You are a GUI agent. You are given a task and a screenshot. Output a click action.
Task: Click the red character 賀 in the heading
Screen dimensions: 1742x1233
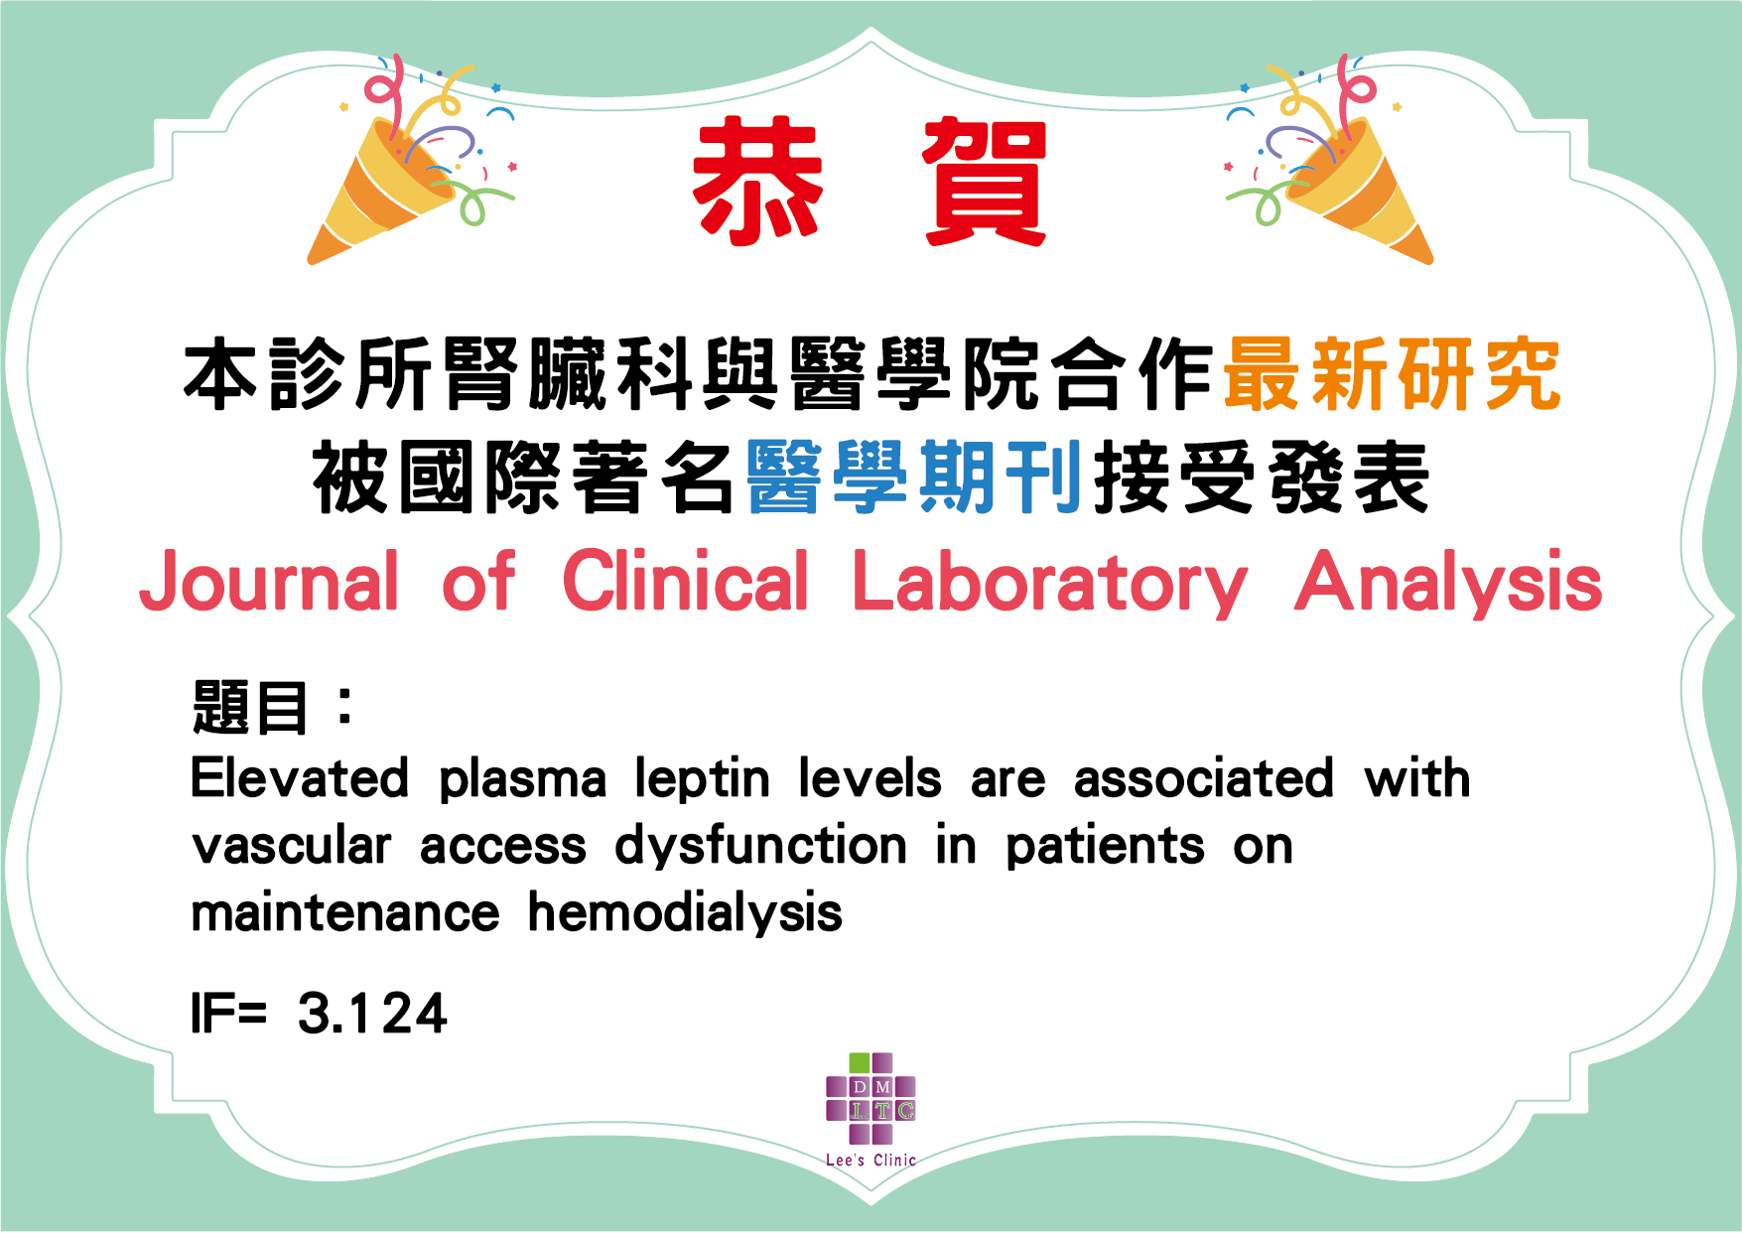[985, 181]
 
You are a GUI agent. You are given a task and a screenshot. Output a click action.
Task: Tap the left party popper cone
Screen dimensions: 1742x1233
[382, 194]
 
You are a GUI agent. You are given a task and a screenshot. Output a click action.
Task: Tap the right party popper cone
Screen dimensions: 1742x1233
[1361, 194]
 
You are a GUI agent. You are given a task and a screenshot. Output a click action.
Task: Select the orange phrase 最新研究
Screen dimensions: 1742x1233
[1392, 374]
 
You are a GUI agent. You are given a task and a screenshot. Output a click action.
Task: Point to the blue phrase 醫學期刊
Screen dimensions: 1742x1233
[914, 478]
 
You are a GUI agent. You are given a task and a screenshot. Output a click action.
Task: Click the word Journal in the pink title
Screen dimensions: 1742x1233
[269, 582]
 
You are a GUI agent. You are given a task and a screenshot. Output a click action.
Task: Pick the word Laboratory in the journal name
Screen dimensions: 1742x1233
[1049, 584]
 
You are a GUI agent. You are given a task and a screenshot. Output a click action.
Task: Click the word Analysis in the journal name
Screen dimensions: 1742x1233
[1448, 584]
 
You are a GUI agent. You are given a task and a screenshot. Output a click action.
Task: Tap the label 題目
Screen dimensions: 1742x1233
[250, 707]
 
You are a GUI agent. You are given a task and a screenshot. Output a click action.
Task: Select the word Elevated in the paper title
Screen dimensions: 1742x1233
[300, 777]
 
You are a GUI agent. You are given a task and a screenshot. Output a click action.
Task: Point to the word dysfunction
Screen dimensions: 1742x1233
[760, 847]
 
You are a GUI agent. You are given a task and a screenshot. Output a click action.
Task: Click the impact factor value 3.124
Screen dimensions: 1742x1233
[372, 1014]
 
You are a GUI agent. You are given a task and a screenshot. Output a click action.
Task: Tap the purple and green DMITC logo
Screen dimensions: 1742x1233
[871, 1098]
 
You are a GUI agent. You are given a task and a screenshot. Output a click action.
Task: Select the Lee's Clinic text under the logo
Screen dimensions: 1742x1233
[871, 1160]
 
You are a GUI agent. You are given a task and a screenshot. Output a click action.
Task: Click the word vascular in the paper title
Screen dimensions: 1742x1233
[292, 846]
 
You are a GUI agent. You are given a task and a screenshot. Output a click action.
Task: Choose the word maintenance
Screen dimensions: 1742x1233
[345, 913]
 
